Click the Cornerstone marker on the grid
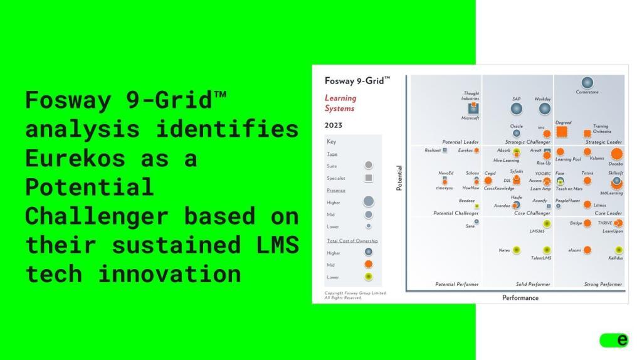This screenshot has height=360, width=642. click(587, 82)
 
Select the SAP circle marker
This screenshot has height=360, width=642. click(516, 109)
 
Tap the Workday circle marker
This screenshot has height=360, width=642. click(544, 109)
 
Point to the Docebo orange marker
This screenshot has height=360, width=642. click(616, 154)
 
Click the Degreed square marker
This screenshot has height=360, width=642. click(562, 131)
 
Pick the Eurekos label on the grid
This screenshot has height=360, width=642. click(465, 151)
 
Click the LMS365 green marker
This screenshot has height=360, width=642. click(547, 223)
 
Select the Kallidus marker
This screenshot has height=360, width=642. click(616, 250)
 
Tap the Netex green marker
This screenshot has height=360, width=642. click(516, 250)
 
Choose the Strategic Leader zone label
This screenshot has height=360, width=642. click(604, 142)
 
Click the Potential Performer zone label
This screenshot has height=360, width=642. click(456, 285)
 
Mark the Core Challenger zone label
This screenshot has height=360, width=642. click(532, 213)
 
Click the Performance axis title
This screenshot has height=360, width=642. click(520, 298)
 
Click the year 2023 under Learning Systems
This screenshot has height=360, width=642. click(334, 125)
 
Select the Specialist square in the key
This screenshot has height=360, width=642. click(369, 178)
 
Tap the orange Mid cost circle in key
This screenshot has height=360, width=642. click(369, 265)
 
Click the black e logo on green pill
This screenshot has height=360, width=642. click(621, 340)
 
